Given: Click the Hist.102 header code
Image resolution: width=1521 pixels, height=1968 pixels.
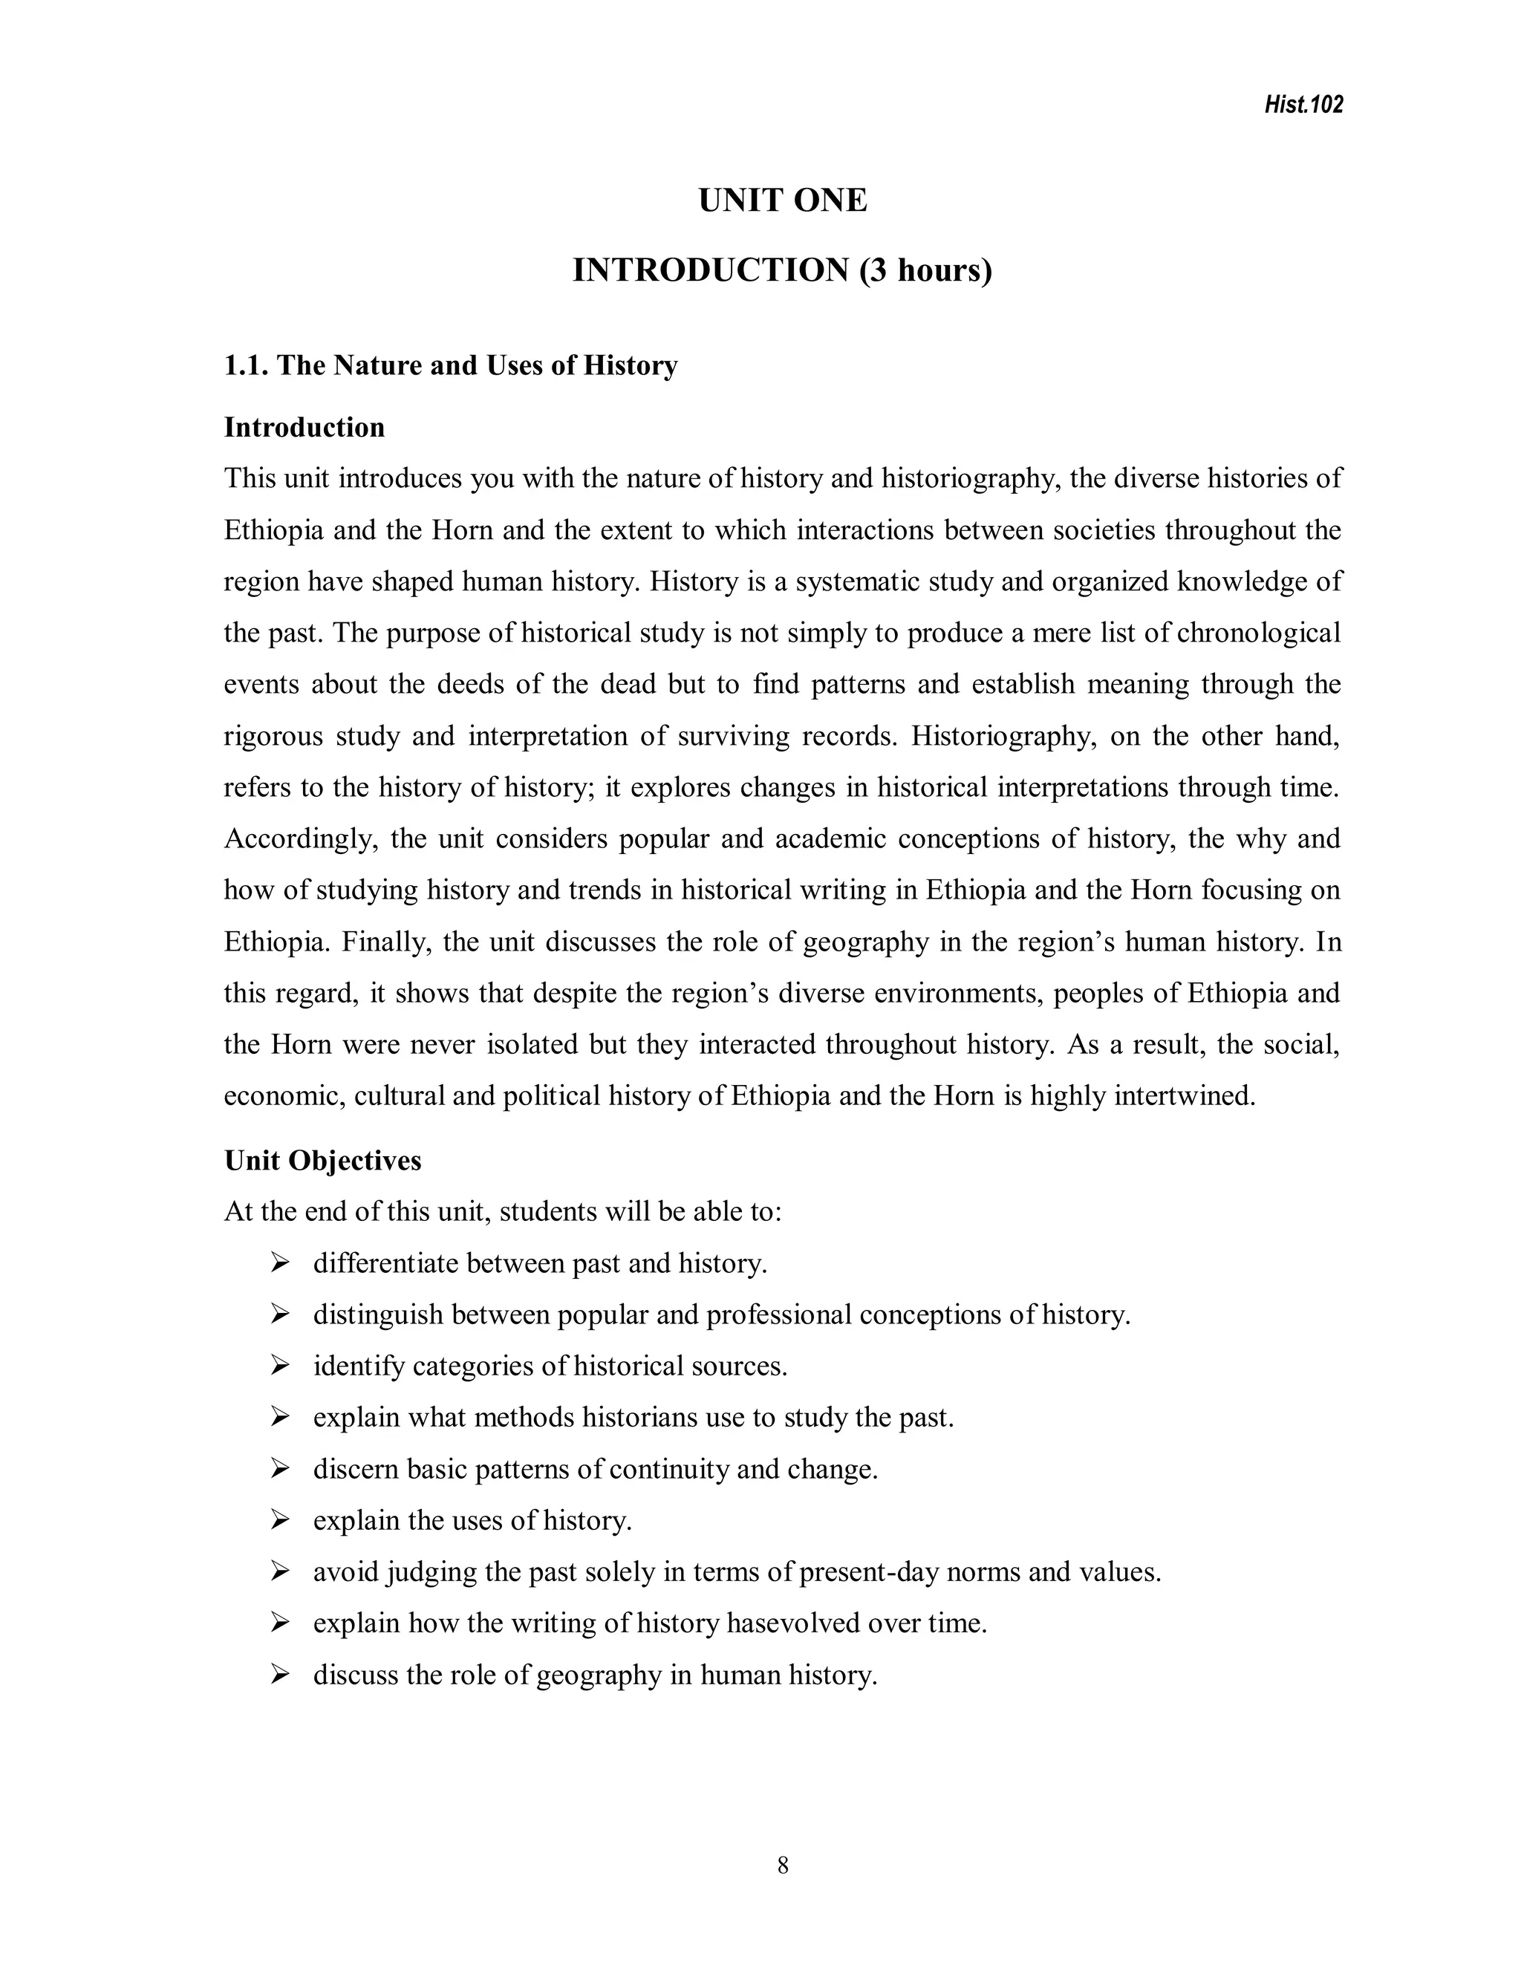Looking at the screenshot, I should [1303, 105].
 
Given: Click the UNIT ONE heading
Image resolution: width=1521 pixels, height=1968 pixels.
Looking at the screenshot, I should [782, 200].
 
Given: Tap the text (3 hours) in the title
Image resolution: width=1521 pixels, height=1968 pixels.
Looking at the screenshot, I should [925, 270].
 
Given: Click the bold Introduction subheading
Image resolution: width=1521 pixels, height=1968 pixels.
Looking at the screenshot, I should [304, 427].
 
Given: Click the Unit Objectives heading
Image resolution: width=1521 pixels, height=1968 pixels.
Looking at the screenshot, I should [322, 1160].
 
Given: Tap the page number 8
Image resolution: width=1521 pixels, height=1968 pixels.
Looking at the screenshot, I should [782, 1866].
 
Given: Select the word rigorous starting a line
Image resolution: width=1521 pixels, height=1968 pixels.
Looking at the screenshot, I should [272, 736].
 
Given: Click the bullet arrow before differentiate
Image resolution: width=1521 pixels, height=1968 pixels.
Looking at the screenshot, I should [279, 1263].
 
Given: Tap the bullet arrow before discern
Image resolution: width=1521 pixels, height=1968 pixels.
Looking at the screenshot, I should [279, 1470].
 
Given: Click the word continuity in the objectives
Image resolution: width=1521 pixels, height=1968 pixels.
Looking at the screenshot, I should [668, 1470].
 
